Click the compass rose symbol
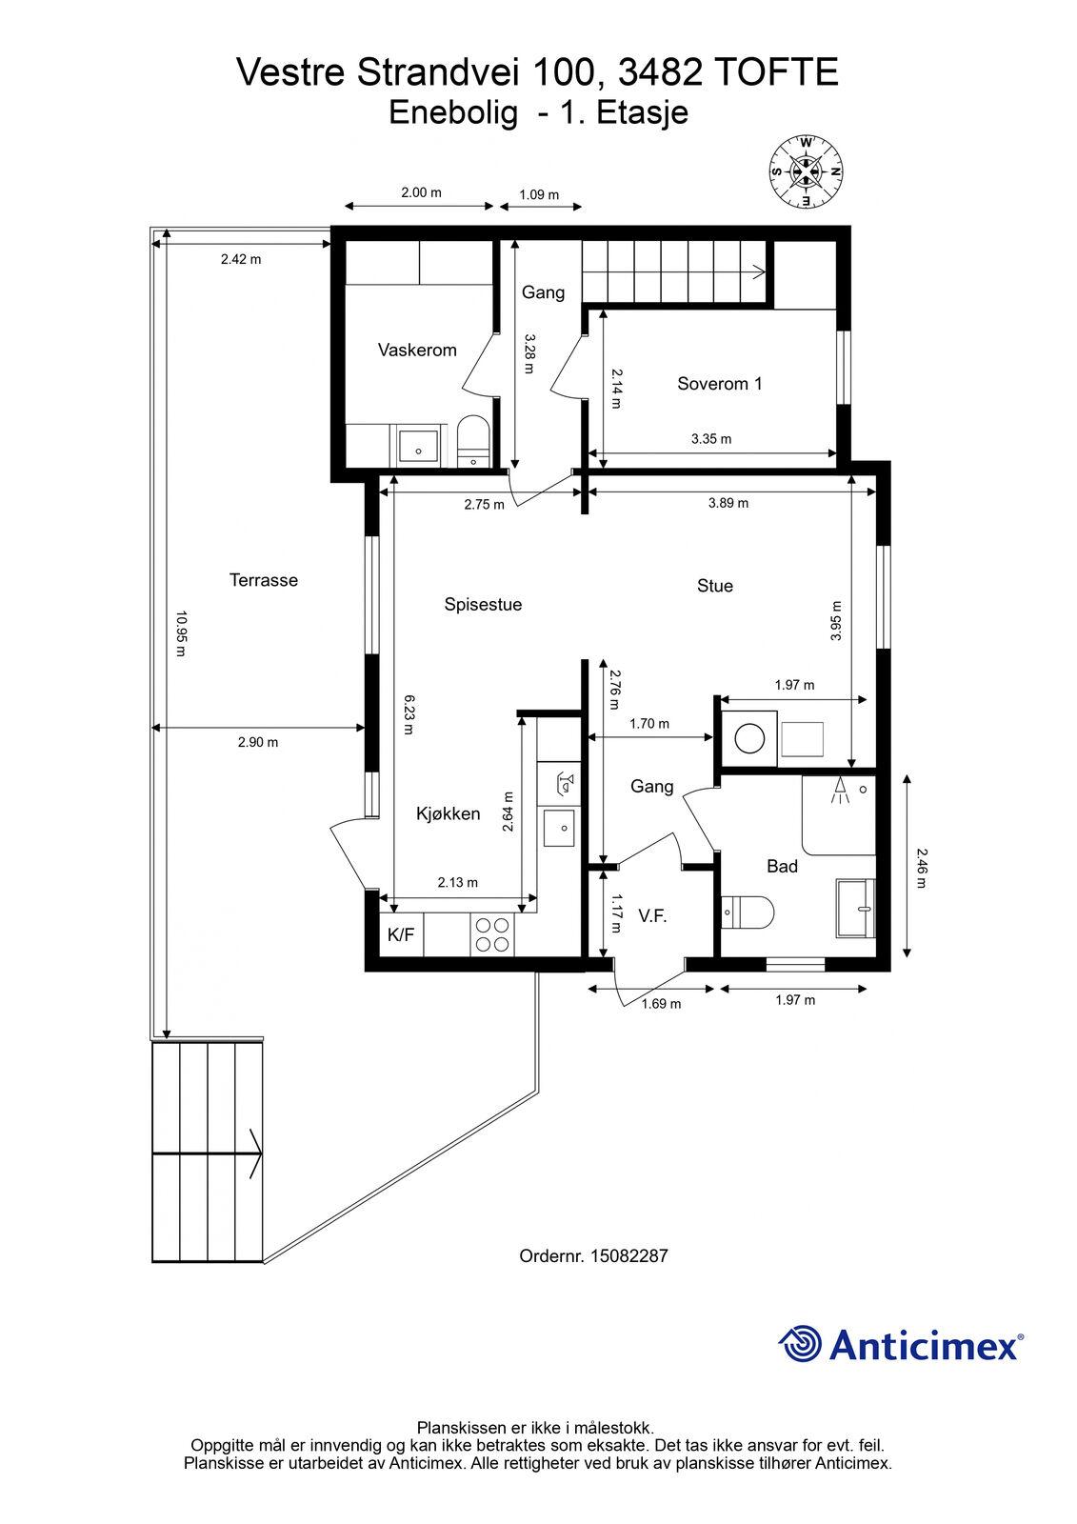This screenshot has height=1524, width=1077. tap(806, 172)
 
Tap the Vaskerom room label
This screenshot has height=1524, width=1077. tap(417, 350)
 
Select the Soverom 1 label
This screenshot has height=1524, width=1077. tap(719, 384)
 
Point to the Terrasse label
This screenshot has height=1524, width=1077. tap(263, 580)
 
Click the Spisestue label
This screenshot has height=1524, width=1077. tap(483, 604)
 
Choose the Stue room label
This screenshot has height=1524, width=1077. tap(715, 586)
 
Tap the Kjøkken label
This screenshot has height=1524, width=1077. tap(449, 813)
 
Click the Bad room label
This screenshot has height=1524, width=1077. tap(782, 866)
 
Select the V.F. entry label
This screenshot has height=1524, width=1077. tap(652, 916)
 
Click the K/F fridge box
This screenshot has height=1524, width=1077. tap(401, 934)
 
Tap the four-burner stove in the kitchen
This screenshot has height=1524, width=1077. tap(492, 934)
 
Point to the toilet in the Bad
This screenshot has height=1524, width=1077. tap(747, 912)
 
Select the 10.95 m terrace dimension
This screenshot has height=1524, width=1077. tap(181, 633)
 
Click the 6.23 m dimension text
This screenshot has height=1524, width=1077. tap(409, 714)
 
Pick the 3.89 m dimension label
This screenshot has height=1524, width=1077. tap(728, 503)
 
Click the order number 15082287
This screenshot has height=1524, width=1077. tap(629, 1256)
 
